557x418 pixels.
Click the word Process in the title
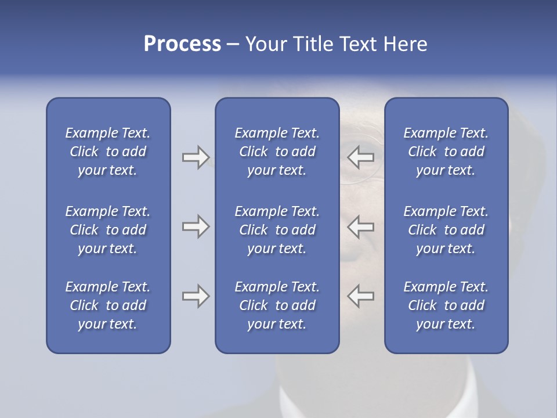click(182, 44)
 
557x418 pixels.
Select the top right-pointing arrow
click(196, 157)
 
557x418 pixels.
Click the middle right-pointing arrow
click(196, 226)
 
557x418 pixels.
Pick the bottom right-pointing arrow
click(196, 296)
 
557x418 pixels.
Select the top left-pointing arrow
click(360, 157)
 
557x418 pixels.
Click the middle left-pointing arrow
click(360, 226)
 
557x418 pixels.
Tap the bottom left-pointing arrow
click(360, 296)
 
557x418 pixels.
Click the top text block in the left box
click(108, 152)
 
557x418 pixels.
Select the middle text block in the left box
click(108, 230)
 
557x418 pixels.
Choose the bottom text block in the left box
click(108, 305)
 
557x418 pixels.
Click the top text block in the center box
click(277, 152)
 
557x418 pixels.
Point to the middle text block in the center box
click(277, 230)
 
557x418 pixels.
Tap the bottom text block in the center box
click(277, 305)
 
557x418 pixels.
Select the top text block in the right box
click(446, 152)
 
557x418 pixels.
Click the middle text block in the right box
click(446, 230)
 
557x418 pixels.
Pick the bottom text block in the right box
click(446, 305)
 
